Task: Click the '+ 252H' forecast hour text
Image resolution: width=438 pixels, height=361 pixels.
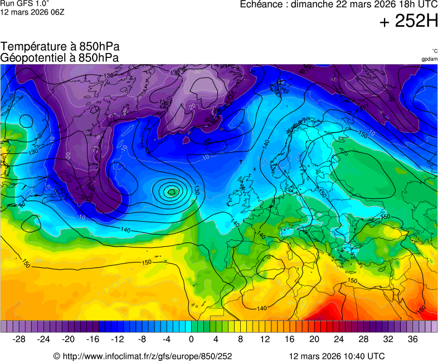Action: [x=408, y=21]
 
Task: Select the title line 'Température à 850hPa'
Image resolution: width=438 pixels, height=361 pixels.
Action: [x=60, y=47]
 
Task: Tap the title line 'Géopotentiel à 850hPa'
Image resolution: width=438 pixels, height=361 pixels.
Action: [x=60, y=57]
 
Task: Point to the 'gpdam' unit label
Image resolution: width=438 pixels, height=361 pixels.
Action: [x=429, y=59]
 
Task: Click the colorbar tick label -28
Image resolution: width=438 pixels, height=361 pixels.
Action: [x=19, y=339]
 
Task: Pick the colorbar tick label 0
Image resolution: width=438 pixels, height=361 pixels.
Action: [x=191, y=339]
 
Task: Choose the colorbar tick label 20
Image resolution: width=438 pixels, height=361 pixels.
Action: [x=314, y=339]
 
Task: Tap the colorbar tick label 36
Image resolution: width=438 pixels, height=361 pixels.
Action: [x=412, y=339]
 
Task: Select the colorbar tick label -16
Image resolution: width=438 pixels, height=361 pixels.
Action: [x=93, y=339]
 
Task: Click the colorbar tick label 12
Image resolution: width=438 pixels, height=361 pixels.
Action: [x=265, y=339]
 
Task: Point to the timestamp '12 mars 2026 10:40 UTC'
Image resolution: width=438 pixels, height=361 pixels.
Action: [x=337, y=356]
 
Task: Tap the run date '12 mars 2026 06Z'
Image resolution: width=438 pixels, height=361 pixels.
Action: [x=32, y=12]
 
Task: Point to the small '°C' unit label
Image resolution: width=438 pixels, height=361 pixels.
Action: [x=434, y=51]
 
